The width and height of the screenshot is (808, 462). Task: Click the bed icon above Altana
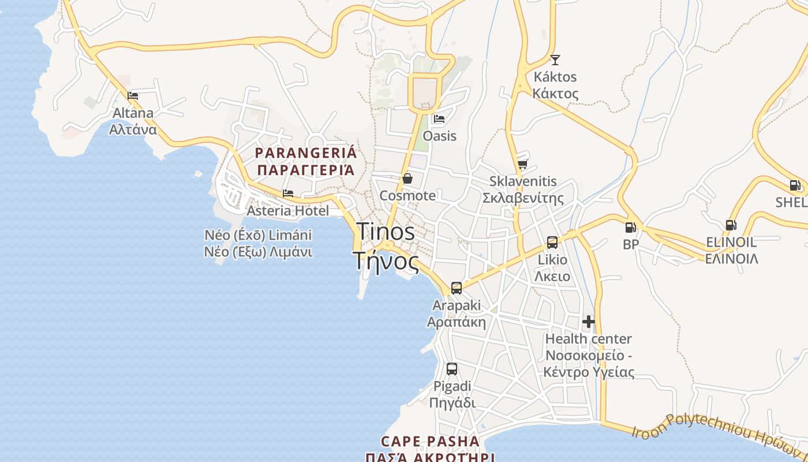[x=133, y=95]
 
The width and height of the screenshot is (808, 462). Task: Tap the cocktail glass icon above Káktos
[x=555, y=59]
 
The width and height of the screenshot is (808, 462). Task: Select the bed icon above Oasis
[x=439, y=120]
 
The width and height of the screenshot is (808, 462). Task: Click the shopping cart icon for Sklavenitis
[x=522, y=165]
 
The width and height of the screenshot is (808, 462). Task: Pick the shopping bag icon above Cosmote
[x=407, y=178]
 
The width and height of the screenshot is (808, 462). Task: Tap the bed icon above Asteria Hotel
[x=288, y=193]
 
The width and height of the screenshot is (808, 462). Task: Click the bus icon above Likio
[x=552, y=242]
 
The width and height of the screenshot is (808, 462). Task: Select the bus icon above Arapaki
[x=457, y=288]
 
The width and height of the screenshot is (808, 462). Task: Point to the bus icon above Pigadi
[x=452, y=368]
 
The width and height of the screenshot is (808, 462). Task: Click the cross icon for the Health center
[x=589, y=322]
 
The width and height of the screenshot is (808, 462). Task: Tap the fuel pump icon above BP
[x=630, y=228]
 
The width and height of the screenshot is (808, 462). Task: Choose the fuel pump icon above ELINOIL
[x=731, y=225]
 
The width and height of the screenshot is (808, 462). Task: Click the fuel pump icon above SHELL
[x=795, y=185]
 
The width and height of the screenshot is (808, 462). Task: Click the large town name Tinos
[x=386, y=232]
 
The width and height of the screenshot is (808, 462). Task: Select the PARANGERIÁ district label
[x=306, y=154]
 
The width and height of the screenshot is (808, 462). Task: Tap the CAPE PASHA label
[x=430, y=442]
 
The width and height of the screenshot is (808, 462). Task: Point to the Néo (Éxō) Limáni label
[x=258, y=236]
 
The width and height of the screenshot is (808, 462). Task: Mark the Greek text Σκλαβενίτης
[x=522, y=198]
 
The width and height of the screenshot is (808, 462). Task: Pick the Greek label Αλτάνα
[x=133, y=129]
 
